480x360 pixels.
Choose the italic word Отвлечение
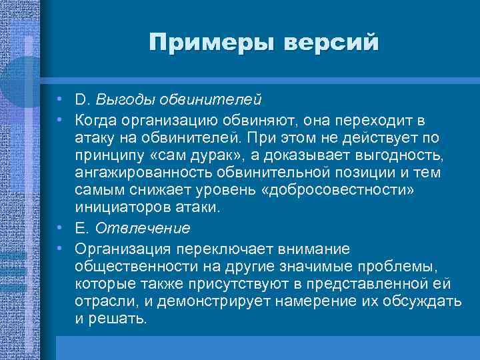point(142,229)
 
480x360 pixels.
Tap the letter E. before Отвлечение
point(82,229)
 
